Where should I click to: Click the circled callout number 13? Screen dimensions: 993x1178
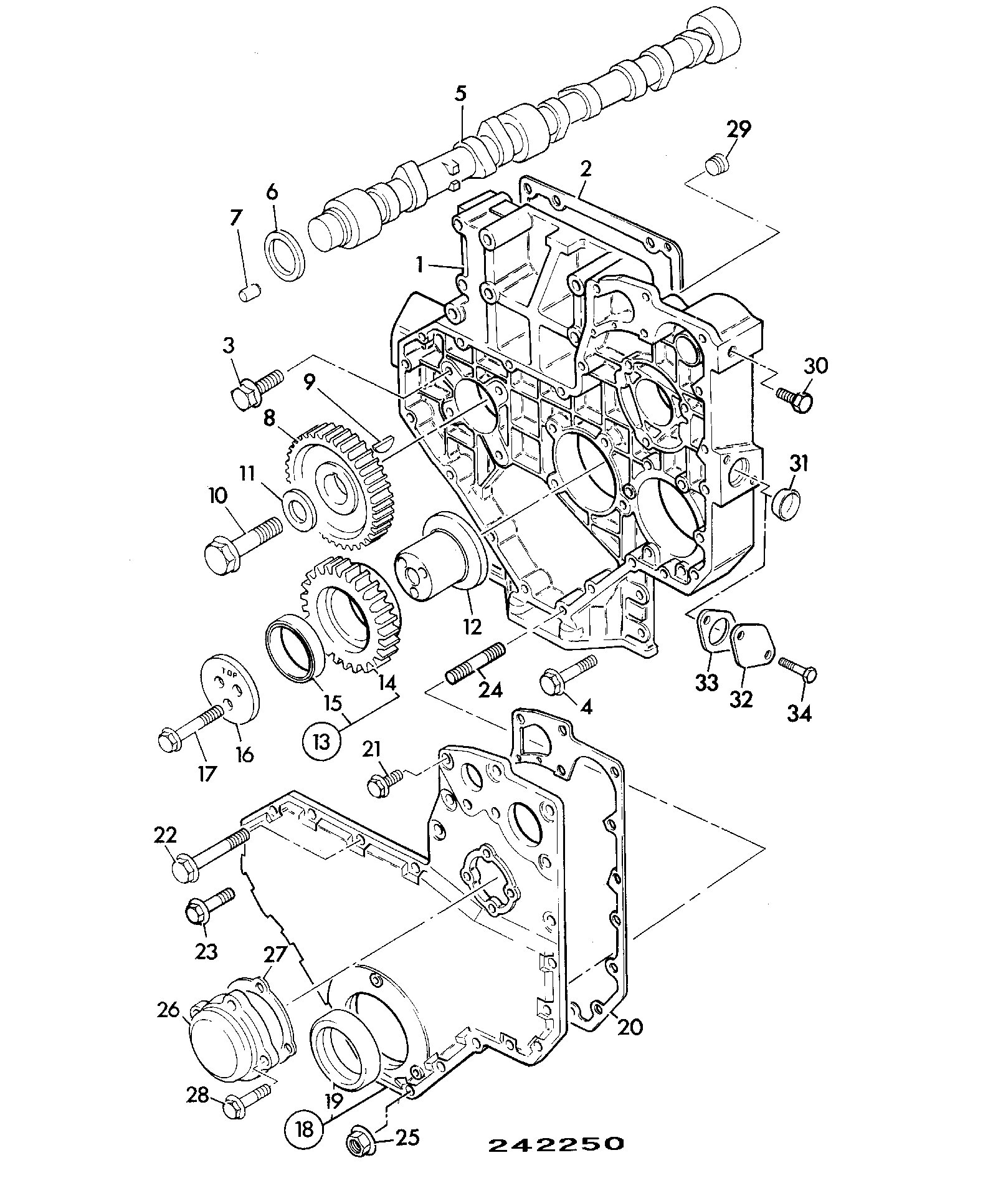(322, 741)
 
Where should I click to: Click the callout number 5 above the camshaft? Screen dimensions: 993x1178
(460, 94)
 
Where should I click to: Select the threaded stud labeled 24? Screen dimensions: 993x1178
(475, 663)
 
